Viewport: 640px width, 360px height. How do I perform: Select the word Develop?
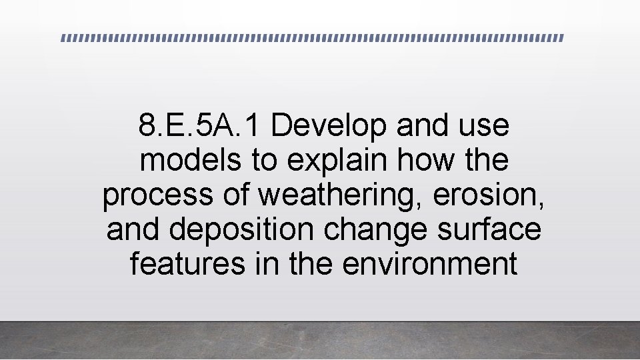click(329, 125)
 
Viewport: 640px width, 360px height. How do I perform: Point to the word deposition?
click(241, 229)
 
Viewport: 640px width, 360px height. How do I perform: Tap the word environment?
click(430, 264)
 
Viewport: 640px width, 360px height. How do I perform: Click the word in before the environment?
click(267, 264)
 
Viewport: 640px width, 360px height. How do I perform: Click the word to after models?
click(265, 160)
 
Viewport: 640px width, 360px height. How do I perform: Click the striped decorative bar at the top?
click(312, 38)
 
